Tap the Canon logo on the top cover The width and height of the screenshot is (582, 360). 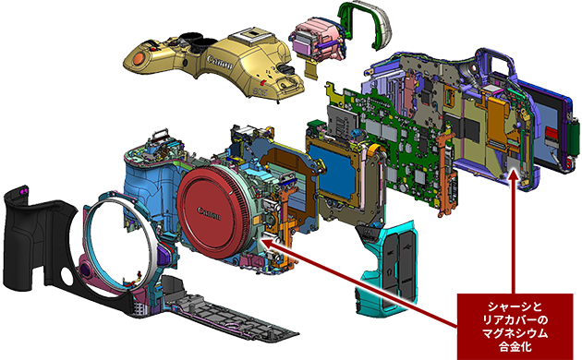coord(220,62)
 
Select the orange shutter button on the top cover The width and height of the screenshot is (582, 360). coord(139,58)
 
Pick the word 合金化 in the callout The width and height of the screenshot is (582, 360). coord(515,347)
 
